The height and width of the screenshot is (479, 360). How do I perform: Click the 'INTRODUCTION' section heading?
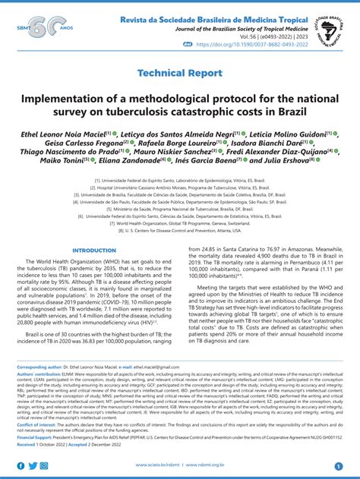tap(93, 251)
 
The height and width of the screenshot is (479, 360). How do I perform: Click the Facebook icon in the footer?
tap(21, 465)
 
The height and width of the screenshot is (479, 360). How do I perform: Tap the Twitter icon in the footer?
tap(33, 465)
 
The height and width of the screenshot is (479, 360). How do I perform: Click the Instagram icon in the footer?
tap(46, 465)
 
